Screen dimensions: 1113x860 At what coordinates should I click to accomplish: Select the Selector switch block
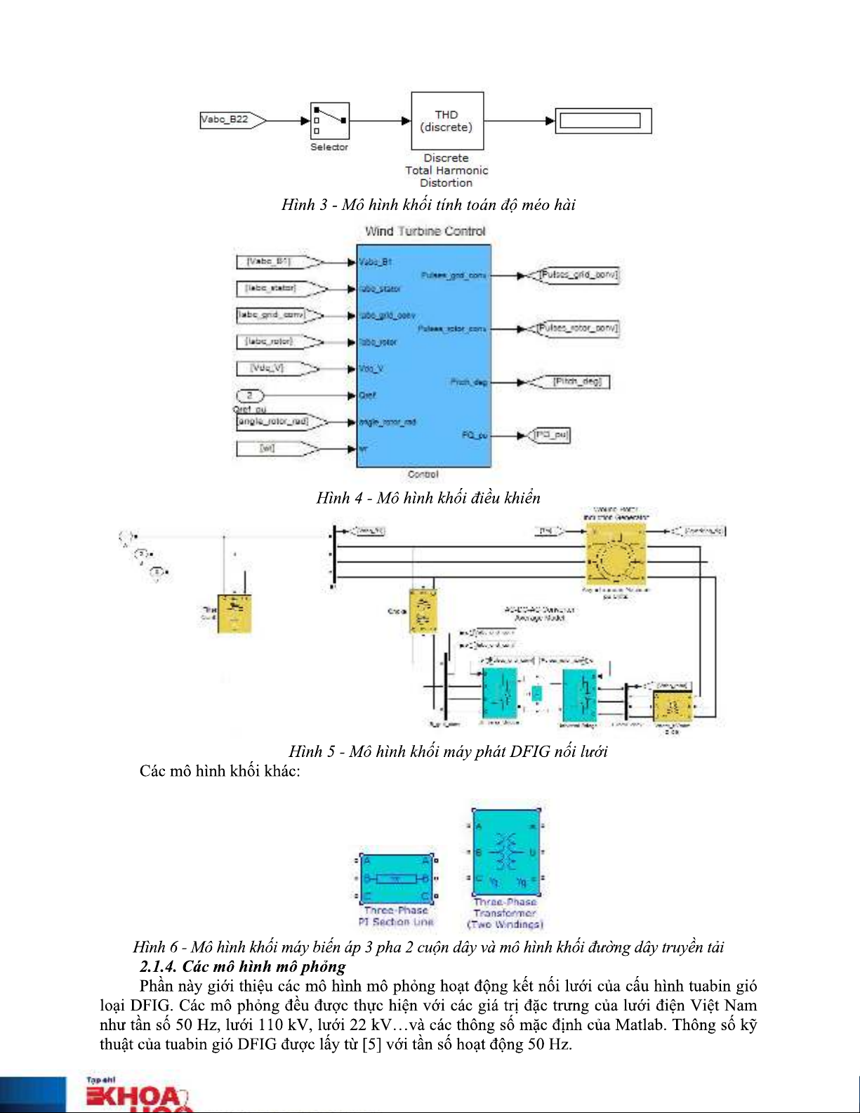click(x=329, y=121)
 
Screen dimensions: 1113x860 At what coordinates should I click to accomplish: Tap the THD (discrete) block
click(x=446, y=121)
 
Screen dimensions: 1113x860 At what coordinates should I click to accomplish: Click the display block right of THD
click(x=603, y=121)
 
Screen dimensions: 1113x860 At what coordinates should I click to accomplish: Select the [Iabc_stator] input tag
click(x=277, y=289)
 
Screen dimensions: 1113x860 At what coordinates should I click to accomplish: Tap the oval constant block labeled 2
click(x=249, y=395)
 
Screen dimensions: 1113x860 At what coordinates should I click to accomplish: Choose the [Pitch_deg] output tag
click(x=572, y=382)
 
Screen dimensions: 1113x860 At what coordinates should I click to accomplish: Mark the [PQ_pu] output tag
click(x=551, y=435)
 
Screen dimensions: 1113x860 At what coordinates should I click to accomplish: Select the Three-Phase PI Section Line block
click(x=397, y=878)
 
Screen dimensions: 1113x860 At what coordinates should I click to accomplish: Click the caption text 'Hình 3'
click(x=304, y=205)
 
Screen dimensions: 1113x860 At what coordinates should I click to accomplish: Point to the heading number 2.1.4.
click(x=158, y=967)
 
